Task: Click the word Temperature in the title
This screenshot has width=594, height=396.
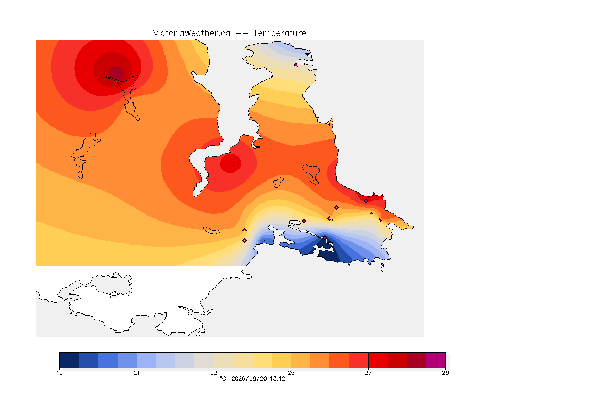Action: click(279, 34)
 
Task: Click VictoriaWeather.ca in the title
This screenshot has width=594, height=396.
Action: click(192, 34)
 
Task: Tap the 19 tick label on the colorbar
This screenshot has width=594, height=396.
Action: click(59, 373)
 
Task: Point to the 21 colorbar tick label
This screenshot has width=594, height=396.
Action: click(136, 373)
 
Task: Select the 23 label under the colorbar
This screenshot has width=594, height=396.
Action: click(214, 373)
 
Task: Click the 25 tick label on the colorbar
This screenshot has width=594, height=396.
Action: click(291, 373)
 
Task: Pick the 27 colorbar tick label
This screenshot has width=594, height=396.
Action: click(368, 373)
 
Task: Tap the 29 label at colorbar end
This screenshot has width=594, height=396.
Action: click(445, 373)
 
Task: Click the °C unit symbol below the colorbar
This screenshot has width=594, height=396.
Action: click(223, 378)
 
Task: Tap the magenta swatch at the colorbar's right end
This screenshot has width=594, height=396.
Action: click(436, 360)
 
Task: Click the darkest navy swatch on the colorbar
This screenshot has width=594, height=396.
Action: click(69, 360)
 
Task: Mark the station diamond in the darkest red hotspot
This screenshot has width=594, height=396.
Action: click(119, 75)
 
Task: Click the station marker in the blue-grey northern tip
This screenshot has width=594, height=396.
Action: click(296, 65)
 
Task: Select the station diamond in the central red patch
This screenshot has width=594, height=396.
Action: click(234, 163)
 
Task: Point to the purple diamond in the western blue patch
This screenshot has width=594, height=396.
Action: click(262, 241)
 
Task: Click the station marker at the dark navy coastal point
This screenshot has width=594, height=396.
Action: click(325, 238)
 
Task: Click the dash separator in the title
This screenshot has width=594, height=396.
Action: click(242, 34)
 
